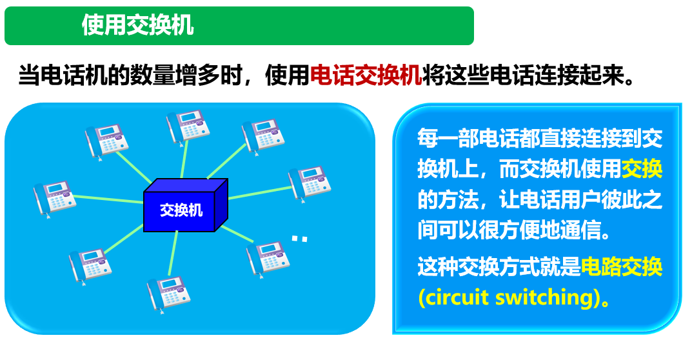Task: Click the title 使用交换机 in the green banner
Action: (138, 25)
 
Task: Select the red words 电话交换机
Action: (366, 75)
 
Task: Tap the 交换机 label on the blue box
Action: (181, 210)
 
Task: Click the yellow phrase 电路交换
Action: (622, 267)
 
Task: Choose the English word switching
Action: (544, 298)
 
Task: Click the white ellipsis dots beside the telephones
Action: (300, 239)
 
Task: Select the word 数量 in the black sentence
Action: (153, 75)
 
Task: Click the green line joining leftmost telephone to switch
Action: (108, 199)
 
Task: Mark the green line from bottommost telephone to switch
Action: (173, 253)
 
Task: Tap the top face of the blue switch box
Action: (186, 185)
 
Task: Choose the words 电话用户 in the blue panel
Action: (560, 199)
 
